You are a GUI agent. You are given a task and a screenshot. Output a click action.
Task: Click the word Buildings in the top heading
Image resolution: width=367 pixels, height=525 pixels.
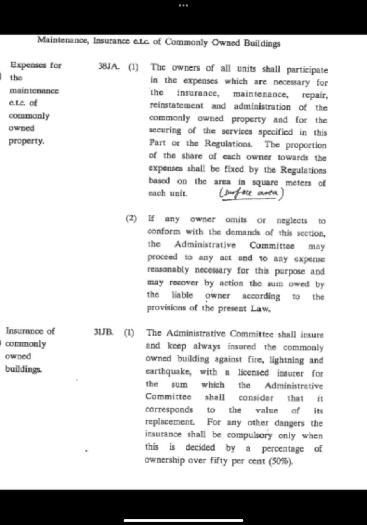(262, 43)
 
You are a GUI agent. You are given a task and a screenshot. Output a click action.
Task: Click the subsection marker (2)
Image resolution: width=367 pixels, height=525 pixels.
(131, 218)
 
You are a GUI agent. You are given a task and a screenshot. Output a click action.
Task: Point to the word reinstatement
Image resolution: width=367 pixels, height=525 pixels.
(176, 106)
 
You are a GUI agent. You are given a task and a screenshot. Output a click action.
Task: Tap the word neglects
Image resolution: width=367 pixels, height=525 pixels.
(292, 221)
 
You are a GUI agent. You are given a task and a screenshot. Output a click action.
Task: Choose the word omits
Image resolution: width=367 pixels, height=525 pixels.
(236, 220)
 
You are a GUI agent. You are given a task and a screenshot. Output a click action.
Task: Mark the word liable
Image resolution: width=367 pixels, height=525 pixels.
(182, 296)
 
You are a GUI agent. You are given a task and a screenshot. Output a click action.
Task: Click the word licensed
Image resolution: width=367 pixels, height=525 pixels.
(253, 373)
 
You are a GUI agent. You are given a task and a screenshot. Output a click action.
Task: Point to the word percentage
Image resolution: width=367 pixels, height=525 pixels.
(283, 448)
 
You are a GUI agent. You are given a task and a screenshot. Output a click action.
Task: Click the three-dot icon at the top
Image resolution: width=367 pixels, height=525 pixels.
(183, 5)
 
